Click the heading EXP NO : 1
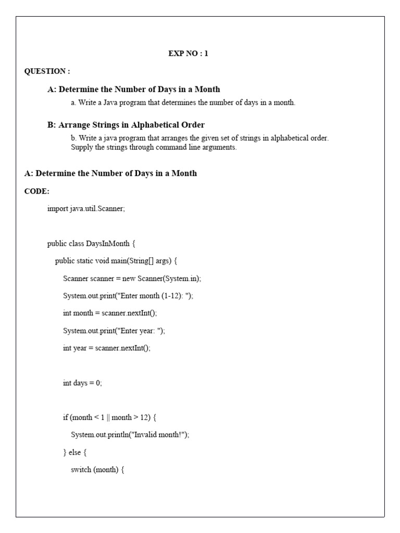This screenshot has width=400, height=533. pos(188,53)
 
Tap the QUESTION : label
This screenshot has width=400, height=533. pos(47,71)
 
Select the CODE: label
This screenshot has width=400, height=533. pos(37,191)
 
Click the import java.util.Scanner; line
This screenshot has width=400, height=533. pos(86,209)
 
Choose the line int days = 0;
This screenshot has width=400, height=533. pos(82,383)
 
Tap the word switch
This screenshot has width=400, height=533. pos(81,469)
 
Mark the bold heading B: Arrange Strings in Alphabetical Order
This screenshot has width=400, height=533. pos(126,125)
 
